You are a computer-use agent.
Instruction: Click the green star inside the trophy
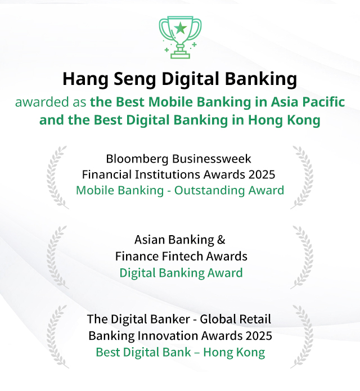pos(180,28)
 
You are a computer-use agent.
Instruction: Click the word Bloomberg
pos(137,159)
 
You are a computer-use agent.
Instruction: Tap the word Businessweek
pos(211,159)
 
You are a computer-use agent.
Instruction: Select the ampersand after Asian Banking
pos(221,240)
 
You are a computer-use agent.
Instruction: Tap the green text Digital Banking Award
pos(181,273)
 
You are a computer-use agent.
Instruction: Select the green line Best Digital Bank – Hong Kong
pos(180,353)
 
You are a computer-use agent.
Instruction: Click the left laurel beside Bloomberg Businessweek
pos(56,178)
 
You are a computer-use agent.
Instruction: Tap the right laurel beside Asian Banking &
pos(302,257)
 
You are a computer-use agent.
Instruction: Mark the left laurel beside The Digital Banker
pos(56,336)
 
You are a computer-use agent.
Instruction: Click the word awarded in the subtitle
pos(42,102)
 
